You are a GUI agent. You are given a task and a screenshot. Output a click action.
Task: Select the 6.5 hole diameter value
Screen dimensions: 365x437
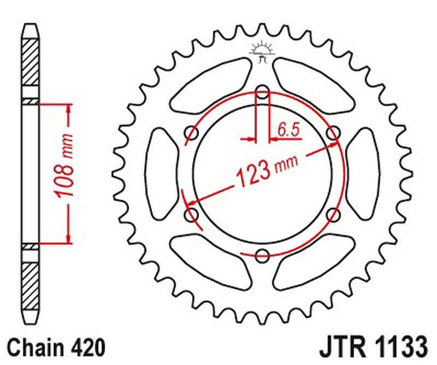click(x=289, y=128)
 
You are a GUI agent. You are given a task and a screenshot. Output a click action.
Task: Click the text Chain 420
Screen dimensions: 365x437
click(x=55, y=348)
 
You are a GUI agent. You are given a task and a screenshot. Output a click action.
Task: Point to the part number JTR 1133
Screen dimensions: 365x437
click(x=372, y=348)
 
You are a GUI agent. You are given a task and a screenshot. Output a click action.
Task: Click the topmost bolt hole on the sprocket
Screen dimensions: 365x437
click(x=263, y=92)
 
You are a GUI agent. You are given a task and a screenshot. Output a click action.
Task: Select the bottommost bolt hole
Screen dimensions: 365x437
click(x=263, y=255)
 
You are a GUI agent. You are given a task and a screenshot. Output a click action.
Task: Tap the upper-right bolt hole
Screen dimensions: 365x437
click(x=332, y=133)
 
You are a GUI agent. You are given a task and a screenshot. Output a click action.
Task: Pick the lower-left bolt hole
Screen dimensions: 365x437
click(x=193, y=214)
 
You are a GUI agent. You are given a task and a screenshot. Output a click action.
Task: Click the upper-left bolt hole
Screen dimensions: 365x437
click(x=193, y=133)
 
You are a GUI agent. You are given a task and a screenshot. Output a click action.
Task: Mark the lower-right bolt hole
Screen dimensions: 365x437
click(x=332, y=214)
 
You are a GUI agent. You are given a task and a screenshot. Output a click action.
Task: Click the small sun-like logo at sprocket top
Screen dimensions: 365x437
click(x=263, y=51)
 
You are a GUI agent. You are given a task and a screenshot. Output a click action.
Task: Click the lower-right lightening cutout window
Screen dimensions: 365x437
click(x=315, y=258)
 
